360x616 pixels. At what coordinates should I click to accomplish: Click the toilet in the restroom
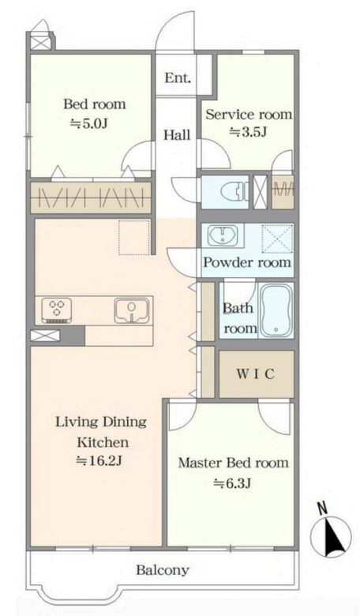pyautogui.click(x=233, y=193)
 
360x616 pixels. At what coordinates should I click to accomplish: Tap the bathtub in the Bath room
pyautogui.click(x=277, y=310)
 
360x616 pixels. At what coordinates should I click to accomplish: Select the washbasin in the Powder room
pyautogui.click(x=223, y=235)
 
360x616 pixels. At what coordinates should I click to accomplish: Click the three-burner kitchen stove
pyautogui.click(x=57, y=310)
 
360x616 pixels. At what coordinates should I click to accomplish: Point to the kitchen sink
pyautogui.click(x=132, y=310)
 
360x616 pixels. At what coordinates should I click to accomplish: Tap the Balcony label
pyautogui.click(x=163, y=569)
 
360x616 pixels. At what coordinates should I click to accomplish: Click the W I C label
pyautogui.click(x=255, y=374)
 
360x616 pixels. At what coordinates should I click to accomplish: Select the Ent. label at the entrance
pyautogui.click(x=178, y=77)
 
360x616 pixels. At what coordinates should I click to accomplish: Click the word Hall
pyautogui.click(x=177, y=135)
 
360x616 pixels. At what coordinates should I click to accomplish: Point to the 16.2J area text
pyautogui.click(x=99, y=460)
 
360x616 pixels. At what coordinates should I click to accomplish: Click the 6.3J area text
pyautogui.click(x=232, y=483)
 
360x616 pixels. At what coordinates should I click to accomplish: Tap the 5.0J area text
pyautogui.click(x=89, y=124)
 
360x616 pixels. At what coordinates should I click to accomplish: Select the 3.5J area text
pyautogui.click(x=248, y=132)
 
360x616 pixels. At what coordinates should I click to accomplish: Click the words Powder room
pyautogui.click(x=247, y=262)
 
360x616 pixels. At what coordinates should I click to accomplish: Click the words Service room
pyautogui.click(x=249, y=115)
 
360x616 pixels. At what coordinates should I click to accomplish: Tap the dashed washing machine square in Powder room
pyautogui.click(x=277, y=239)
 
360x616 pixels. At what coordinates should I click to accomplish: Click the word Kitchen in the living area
pyautogui.click(x=102, y=442)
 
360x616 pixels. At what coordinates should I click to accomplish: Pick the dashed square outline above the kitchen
pyautogui.click(x=134, y=238)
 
